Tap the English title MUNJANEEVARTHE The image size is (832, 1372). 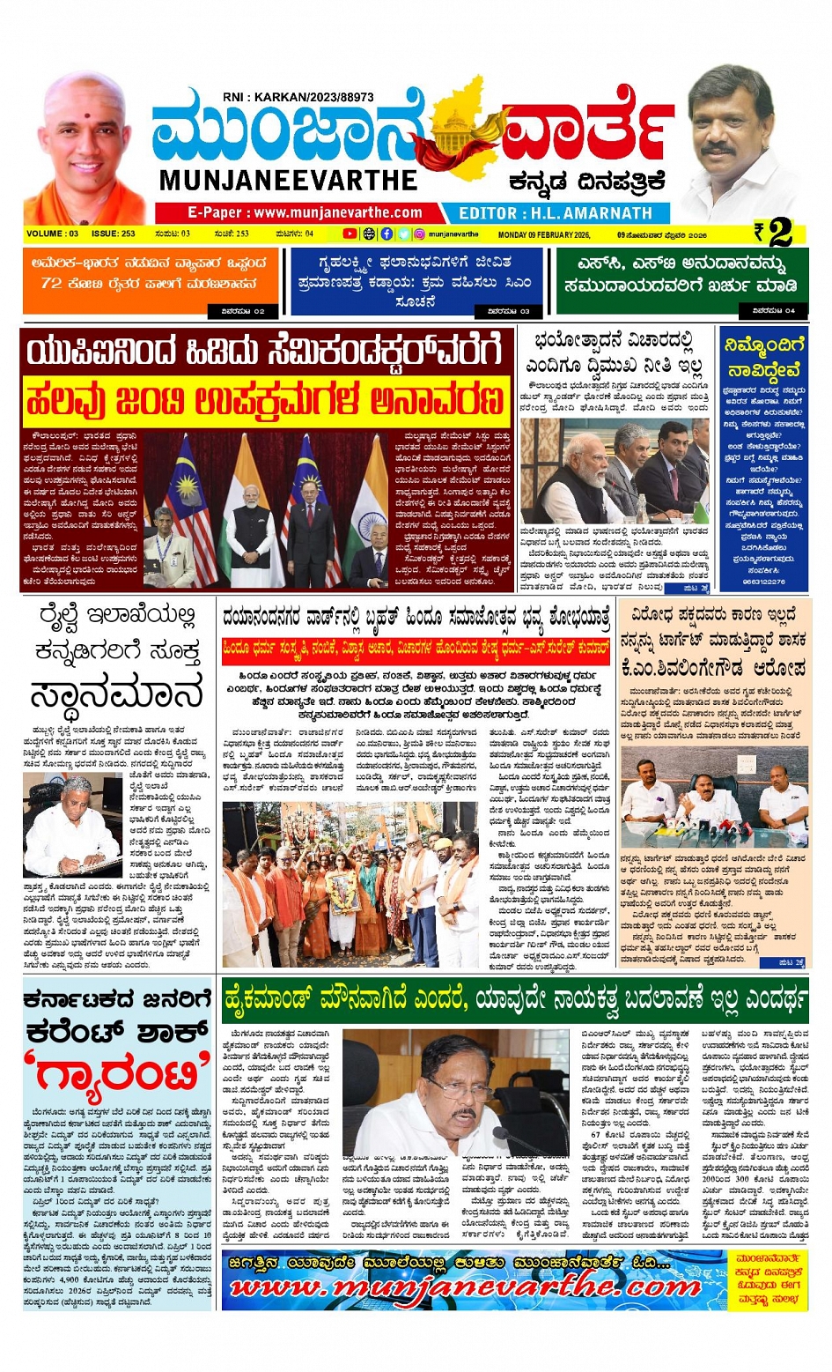coord(288,180)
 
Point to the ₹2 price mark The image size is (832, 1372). coord(775,233)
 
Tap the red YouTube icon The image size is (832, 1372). coord(350,234)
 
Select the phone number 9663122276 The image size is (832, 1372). coord(762,582)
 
